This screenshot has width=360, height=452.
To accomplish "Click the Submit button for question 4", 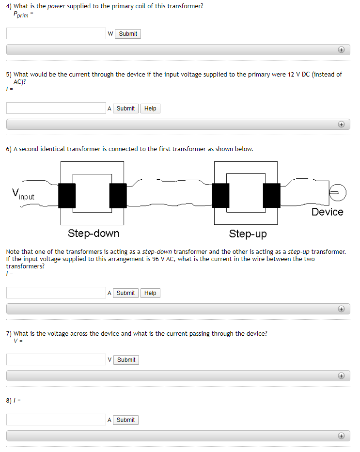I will click(128, 34).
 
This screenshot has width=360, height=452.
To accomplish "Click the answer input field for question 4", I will click(56, 33).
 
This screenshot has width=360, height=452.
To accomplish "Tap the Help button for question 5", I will click(150, 109).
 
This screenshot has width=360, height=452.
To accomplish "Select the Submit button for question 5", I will click(125, 109).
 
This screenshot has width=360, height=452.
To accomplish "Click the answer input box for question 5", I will click(56, 108).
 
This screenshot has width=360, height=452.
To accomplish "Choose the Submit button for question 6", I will click(125, 293).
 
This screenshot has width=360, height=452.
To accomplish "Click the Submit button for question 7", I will click(126, 360).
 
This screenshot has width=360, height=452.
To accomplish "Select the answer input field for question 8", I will click(56, 420).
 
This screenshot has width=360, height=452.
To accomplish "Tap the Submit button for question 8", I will click(125, 420).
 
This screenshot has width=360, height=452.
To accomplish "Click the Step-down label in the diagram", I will click(93, 234).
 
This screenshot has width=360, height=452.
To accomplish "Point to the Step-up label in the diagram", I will click(248, 234).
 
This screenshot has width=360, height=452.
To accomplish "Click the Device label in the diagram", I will click(327, 212).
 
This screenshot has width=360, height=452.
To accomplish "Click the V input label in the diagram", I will click(23, 194).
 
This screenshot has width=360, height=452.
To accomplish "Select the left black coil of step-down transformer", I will click(67, 196).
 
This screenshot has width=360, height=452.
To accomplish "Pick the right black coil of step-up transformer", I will click(271, 196).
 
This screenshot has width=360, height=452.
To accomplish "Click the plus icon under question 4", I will click(341, 50).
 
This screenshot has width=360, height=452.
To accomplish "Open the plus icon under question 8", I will click(341, 436).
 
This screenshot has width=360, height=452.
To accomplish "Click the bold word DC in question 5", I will click(306, 75).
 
